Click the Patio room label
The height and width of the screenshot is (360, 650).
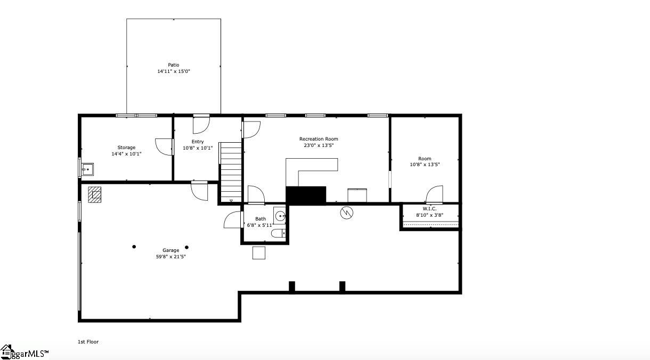[x=173, y=65]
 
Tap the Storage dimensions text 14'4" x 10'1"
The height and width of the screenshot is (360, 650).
[x=126, y=154]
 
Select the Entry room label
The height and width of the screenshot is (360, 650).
[x=198, y=142]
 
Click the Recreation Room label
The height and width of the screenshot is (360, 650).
[x=319, y=139]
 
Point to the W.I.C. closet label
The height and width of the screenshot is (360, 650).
[x=429, y=209]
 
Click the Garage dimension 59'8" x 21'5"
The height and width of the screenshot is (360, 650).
[x=170, y=257]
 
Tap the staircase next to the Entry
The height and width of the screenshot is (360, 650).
[x=231, y=171]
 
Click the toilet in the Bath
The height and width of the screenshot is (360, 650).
[x=279, y=233]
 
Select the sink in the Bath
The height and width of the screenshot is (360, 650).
[x=280, y=216]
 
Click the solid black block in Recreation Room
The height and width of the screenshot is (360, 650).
[x=306, y=194]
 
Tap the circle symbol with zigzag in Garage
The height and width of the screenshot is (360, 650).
[x=347, y=212]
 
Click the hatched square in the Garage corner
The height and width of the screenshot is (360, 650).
[x=95, y=194]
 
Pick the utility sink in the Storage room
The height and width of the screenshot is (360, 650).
[x=87, y=170]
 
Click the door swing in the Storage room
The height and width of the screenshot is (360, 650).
[x=164, y=147]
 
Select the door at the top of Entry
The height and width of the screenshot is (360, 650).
[x=201, y=124]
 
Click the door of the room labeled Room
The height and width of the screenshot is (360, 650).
[x=435, y=194]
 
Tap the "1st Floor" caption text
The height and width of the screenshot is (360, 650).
[x=88, y=342]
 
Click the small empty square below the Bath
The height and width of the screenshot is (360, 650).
[x=259, y=253]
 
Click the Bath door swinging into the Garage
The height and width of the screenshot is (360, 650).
[x=233, y=220]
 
